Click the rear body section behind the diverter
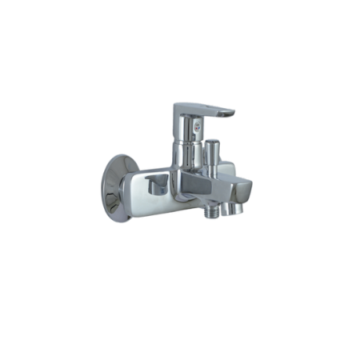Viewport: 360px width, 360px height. point(228,167)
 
